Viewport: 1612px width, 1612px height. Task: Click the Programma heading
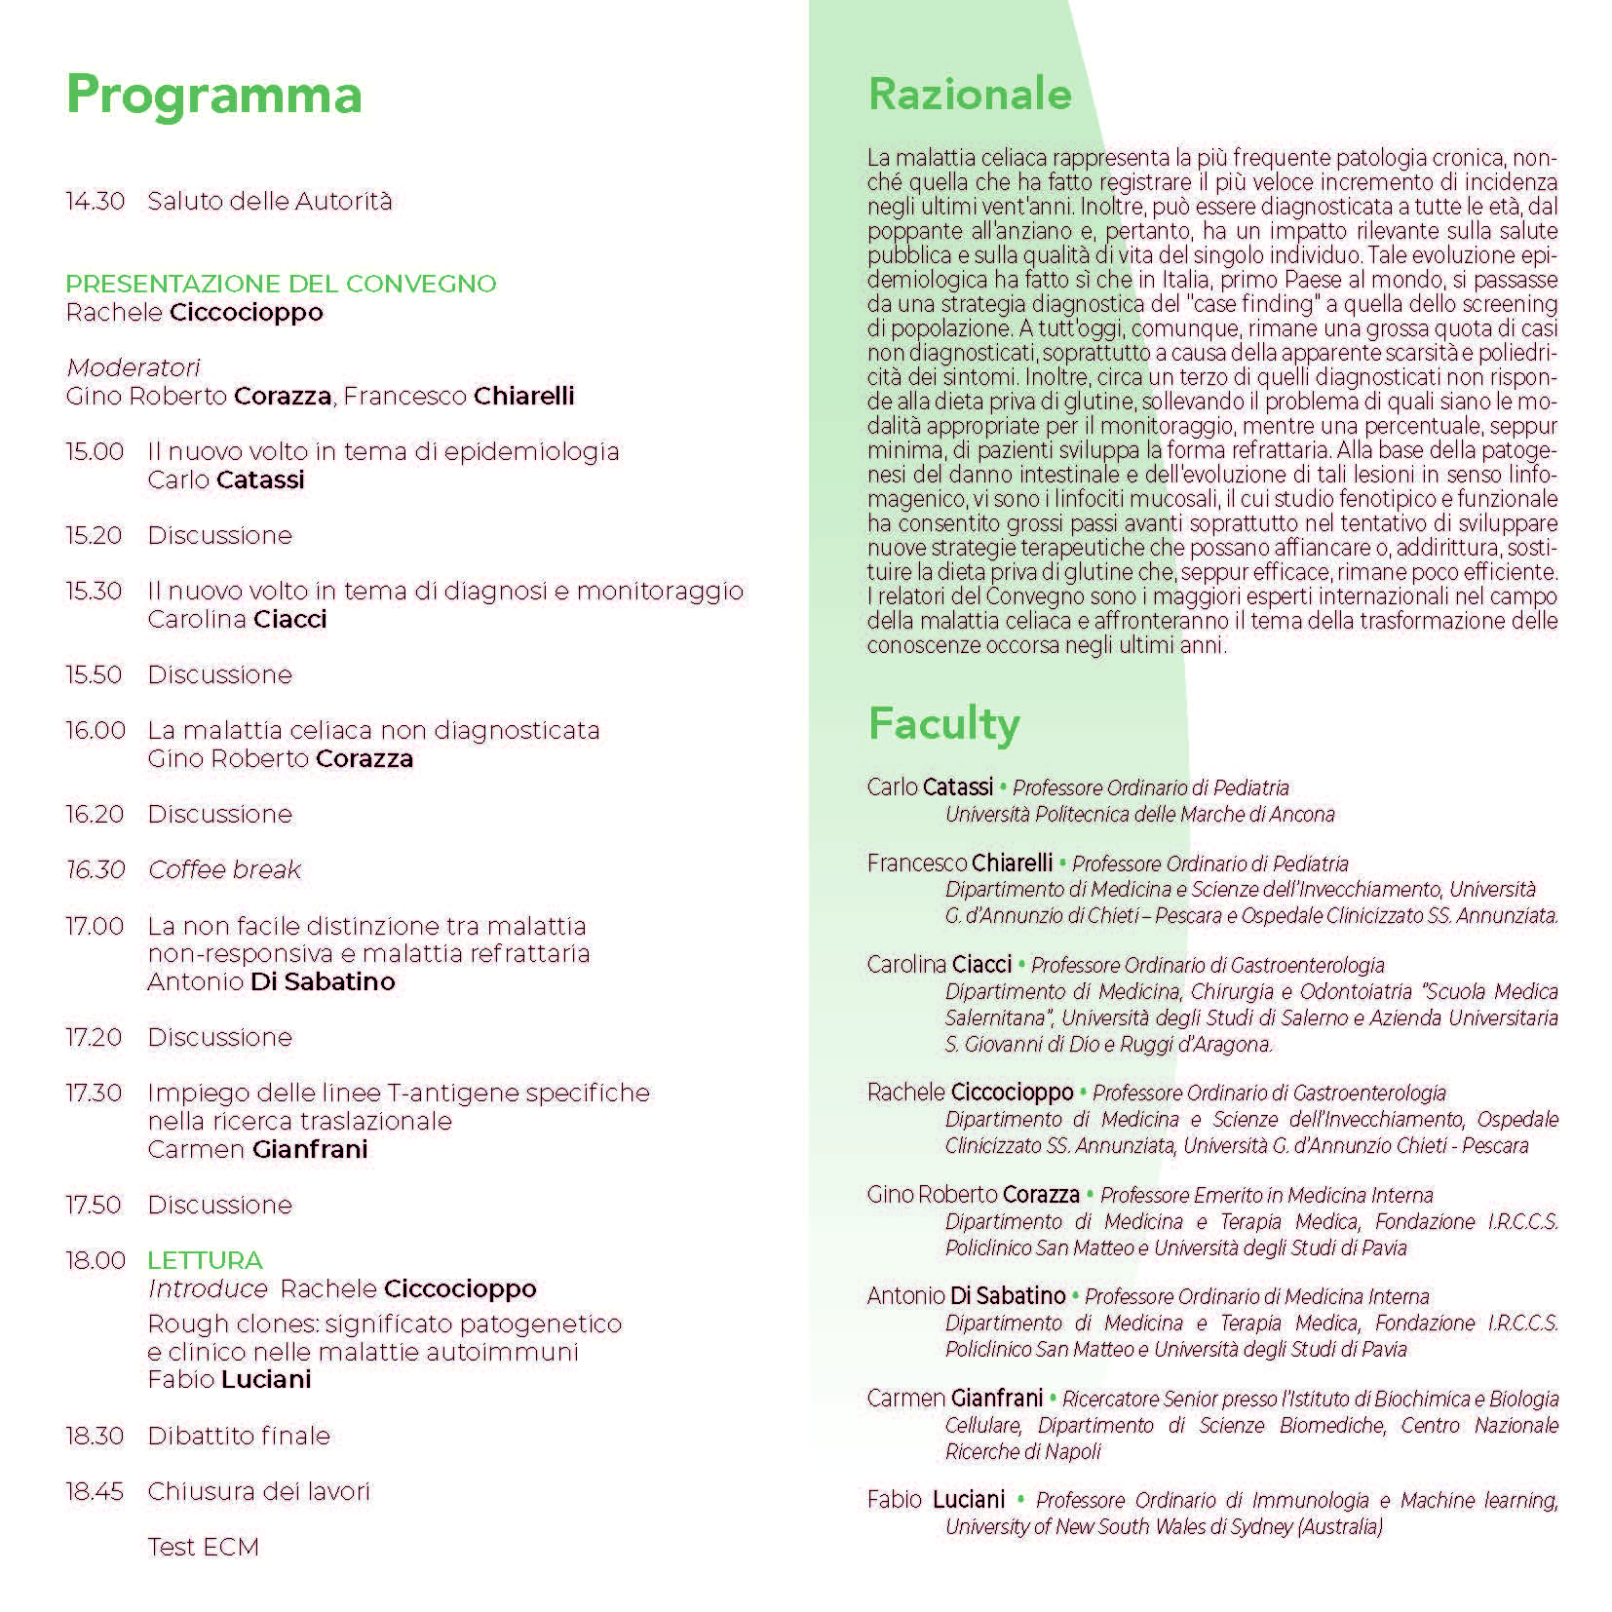click(213, 96)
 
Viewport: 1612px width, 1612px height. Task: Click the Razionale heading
click(969, 95)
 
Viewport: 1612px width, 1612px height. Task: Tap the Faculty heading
click(942, 724)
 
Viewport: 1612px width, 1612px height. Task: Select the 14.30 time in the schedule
click(95, 202)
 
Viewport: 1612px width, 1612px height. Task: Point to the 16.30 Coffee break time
click(95, 869)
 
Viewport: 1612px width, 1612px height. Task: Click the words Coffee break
click(224, 869)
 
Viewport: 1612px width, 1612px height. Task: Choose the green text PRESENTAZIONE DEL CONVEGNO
click(281, 284)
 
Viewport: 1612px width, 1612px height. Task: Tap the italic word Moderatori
click(133, 367)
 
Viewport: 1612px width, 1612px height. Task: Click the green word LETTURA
click(205, 1260)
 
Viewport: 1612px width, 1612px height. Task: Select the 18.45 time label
click(95, 1491)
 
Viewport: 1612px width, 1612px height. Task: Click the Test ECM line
click(203, 1547)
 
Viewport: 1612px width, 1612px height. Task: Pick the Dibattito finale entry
click(239, 1436)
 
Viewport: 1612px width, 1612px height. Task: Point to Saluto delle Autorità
click(269, 202)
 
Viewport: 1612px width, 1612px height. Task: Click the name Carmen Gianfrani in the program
click(257, 1149)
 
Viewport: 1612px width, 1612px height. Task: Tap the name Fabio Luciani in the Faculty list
click(936, 1499)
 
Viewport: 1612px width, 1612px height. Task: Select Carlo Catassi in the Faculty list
click(930, 787)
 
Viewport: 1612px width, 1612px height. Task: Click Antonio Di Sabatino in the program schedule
click(271, 981)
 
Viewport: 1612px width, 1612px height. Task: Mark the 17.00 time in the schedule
click(95, 926)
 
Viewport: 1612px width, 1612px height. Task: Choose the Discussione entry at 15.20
click(219, 535)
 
